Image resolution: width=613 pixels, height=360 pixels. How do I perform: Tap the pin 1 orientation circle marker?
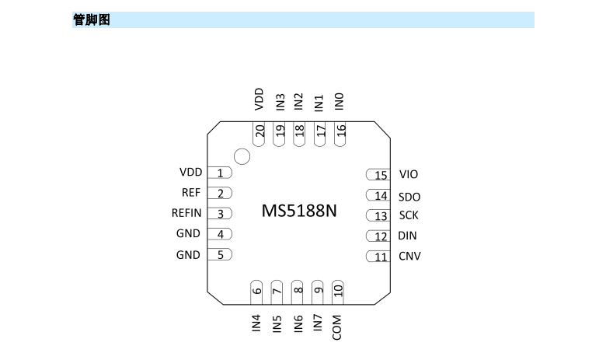242,157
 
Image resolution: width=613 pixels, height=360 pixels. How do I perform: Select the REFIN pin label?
186,213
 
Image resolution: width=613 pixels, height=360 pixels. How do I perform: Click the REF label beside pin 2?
191,192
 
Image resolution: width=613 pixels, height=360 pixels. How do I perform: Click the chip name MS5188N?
299,211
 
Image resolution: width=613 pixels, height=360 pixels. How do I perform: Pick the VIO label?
409,175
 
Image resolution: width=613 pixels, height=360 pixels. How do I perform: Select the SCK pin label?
409,215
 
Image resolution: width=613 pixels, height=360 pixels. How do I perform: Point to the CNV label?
409,256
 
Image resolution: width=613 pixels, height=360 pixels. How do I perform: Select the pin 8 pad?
298,291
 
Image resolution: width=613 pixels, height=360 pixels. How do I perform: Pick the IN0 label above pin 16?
339,101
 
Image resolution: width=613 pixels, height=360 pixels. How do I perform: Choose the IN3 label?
280,102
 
